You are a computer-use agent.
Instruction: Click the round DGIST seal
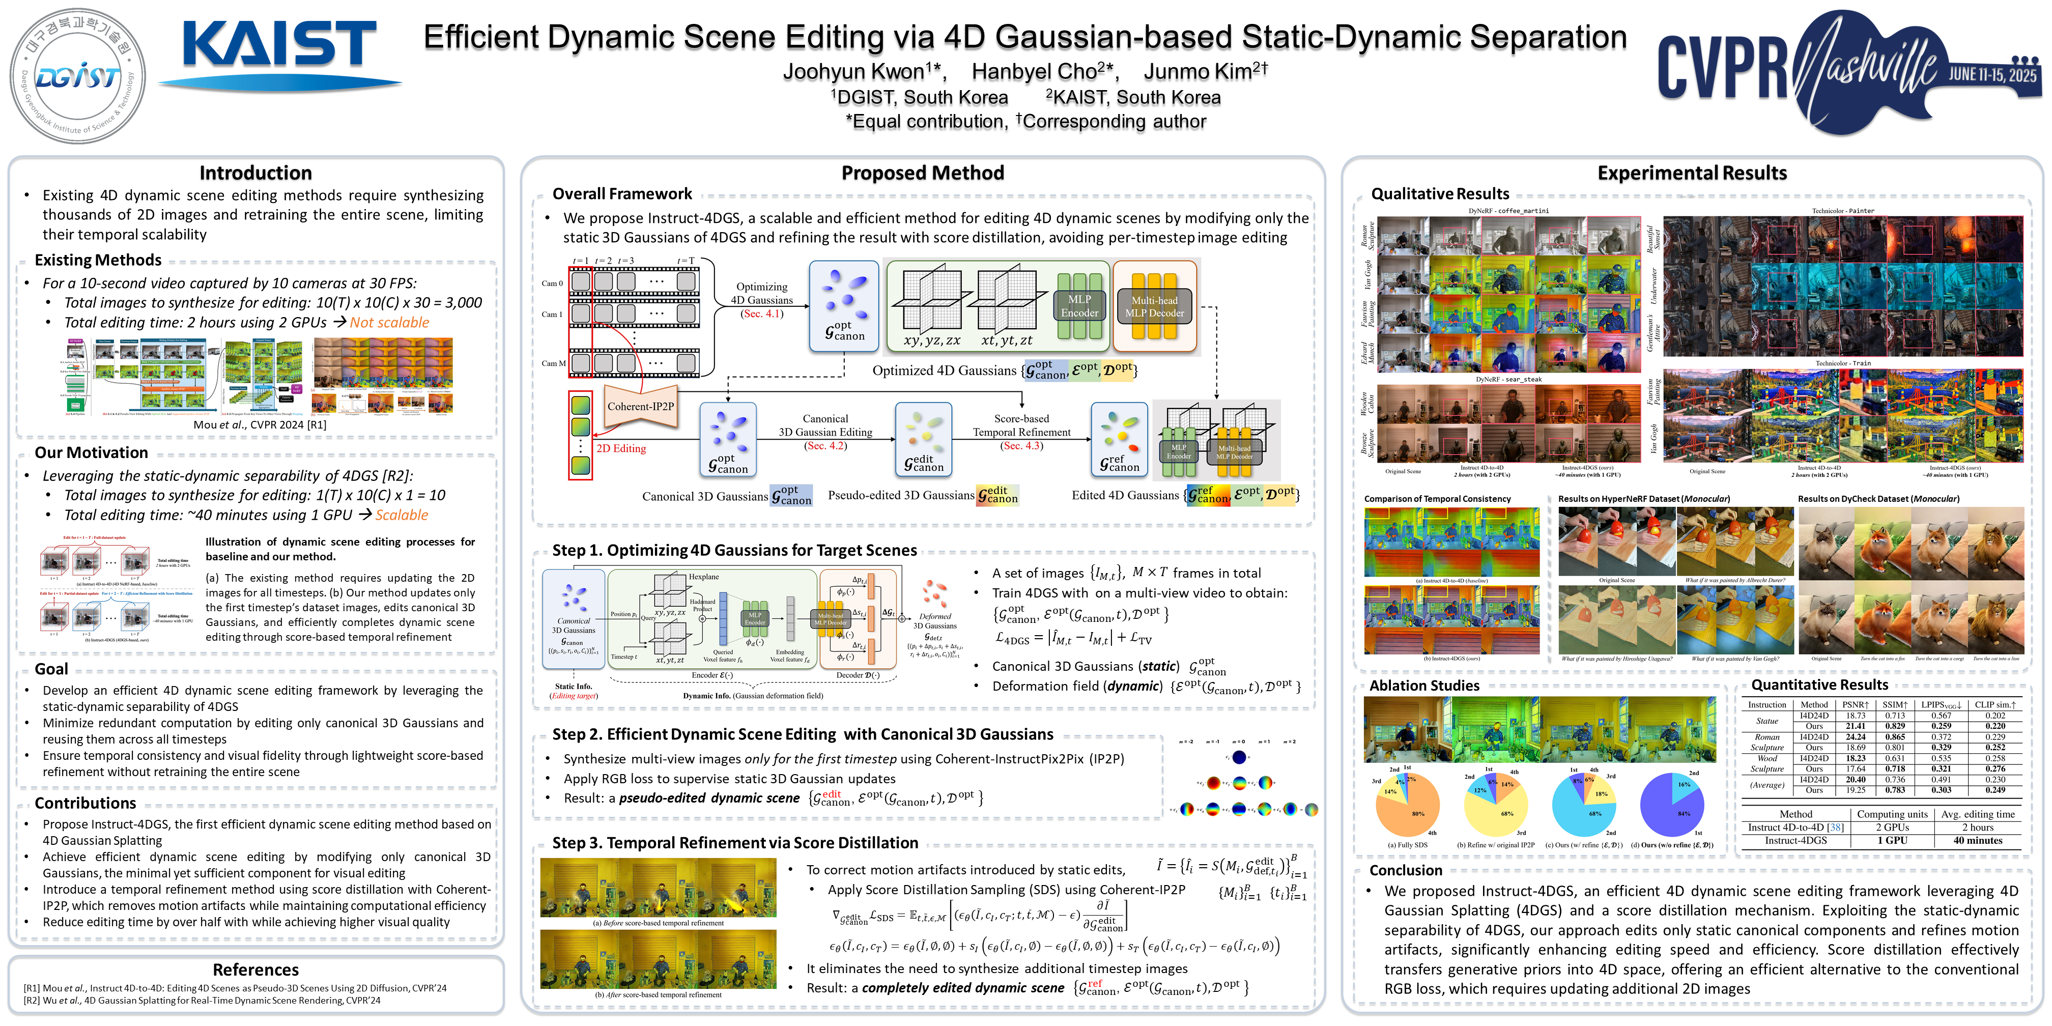point(77,76)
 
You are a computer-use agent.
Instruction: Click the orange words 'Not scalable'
point(389,323)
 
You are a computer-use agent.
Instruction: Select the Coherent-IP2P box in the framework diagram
point(640,406)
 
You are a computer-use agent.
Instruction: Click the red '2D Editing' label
point(621,448)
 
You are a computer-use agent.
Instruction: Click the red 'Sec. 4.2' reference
point(825,446)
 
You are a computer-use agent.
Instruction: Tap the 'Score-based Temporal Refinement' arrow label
point(1021,425)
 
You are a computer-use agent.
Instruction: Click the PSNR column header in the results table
point(1855,705)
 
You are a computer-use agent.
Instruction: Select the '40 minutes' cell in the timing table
point(1977,840)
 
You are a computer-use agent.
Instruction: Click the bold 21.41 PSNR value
point(1855,726)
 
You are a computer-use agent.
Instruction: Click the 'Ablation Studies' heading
point(1424,685)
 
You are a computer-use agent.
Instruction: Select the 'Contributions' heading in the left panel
point(85,803)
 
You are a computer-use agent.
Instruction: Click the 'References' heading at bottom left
point(255,970)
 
